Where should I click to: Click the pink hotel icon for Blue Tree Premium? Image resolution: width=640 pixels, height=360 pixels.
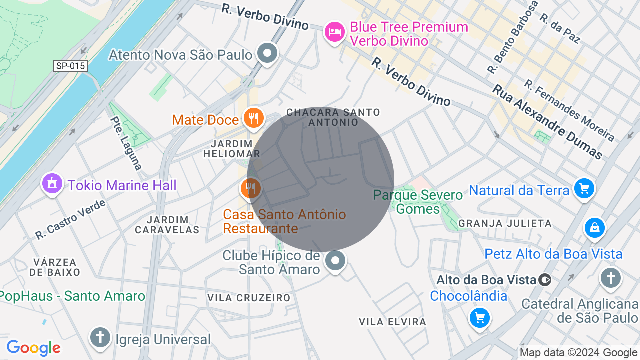tap(334, 33)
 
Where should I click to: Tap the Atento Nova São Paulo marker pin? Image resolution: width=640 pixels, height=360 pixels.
tap(267, 53)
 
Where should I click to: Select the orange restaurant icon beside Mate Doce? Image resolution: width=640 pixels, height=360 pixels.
tap(254, 118)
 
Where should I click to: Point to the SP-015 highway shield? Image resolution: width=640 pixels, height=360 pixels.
tap(70, 66)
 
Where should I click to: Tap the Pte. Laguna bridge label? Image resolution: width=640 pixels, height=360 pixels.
tap(127, 143)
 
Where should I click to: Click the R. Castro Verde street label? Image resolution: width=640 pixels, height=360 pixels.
tap(71, 219)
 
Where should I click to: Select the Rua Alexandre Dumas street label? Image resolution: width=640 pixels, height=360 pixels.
tap(547, 121)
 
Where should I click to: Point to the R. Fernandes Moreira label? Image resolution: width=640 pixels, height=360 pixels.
tap(569, 110)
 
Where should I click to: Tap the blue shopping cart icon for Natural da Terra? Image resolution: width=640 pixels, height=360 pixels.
tap(584, 189)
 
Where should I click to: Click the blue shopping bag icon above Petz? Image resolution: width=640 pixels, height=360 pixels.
tap(594, 228)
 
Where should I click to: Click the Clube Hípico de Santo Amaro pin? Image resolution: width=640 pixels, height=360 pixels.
tap(335, 260)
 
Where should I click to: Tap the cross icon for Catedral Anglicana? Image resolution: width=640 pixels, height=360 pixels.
tap(610, 277)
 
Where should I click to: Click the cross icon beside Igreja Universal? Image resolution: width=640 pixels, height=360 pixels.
tap(100, 337)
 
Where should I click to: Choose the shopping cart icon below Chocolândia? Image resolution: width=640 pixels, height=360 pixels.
tap(479, 318)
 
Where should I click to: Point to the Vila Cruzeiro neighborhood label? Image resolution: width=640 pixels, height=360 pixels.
tap(249, 298)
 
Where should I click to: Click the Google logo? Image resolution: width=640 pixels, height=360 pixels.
tap(33, 348)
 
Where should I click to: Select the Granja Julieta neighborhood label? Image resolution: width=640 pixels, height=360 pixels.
tap(505, 223)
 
